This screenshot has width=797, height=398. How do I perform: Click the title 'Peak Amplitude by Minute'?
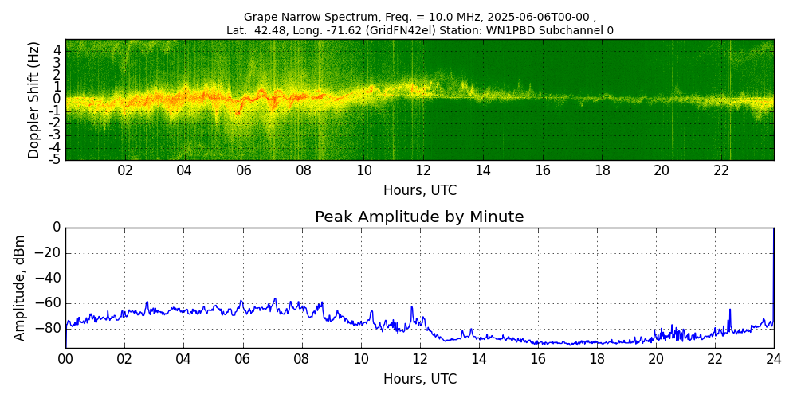tap(419, 217)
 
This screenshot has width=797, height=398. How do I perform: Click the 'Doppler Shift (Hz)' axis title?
tap(34, 100)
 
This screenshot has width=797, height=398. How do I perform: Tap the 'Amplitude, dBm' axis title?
tap(21, 287)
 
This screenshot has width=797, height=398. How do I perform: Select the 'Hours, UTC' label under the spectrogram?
tap(420, 191)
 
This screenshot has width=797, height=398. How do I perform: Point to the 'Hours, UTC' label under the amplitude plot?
tap(420, 379)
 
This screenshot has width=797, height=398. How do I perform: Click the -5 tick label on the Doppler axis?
tap(56, 159)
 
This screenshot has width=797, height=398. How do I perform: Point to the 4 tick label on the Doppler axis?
tap(57, 49)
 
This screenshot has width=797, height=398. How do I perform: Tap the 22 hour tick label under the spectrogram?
tap(721, 170)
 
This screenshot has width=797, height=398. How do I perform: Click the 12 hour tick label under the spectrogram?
tap(423, 170)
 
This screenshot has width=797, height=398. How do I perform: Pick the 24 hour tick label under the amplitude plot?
tap(774, 359)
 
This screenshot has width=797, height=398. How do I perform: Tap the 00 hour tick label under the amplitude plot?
tap(65, 359)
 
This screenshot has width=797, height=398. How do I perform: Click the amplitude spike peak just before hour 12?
tap(412, 306)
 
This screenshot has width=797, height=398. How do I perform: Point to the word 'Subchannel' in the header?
tap(577, 31)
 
